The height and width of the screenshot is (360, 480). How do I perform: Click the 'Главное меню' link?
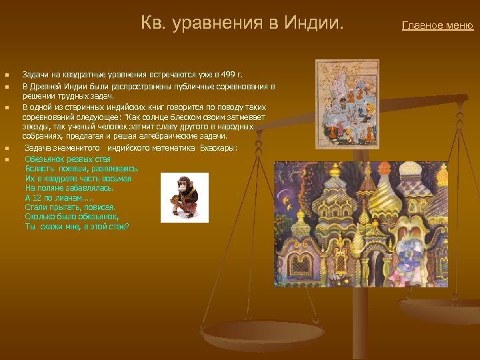pyautogui.click(x=437, y=26)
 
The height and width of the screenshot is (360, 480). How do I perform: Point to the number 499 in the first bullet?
pyautogui.click(x=229, y=74)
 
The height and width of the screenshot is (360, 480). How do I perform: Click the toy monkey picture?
pyautogui.click(x=185, y=197)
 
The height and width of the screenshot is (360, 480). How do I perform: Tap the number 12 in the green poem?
pyautogui.click(x=38, y=198)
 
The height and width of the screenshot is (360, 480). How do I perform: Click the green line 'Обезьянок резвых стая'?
pyautogui.click(x=67, y=159)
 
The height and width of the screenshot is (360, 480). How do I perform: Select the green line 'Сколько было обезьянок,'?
pyautogui.click(x=71, y=217)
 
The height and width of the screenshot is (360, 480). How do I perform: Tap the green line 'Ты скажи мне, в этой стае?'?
pyautogui.click(x=77, y=227)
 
